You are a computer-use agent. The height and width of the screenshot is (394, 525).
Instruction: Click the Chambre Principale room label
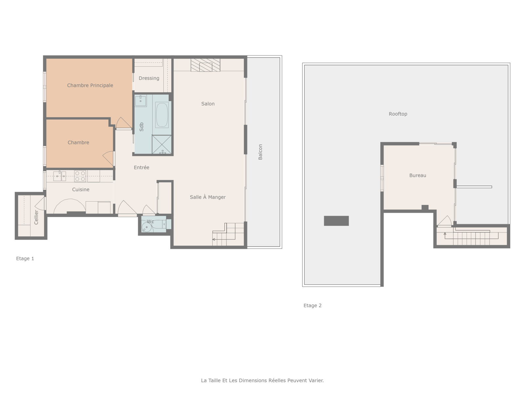(x=90, y=85)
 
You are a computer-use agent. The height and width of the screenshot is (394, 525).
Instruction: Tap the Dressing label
(x=149, y=78)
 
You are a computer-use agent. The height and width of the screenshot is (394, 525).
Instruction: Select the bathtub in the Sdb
(x=162, y=115)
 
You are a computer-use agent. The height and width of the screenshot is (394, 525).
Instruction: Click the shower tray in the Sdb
(x=162, y=144)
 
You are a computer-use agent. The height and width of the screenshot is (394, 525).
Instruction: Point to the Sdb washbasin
(x=141, y=101)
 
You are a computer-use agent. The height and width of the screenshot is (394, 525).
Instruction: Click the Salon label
(x=208, y=104)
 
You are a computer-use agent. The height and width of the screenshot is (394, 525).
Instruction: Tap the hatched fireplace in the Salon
(x=205, y=65)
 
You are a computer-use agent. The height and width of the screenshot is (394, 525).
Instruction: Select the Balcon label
(x=260, y=152)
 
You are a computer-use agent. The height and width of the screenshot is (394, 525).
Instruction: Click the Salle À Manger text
(x=208, y=197)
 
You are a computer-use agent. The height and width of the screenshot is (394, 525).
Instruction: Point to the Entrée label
(x=141, y=167)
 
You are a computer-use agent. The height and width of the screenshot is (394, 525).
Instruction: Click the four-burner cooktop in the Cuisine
(x=80, y=176)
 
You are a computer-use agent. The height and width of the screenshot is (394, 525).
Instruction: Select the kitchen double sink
(x=60, y=176)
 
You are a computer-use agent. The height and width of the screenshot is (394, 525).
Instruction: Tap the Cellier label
(x=36, y=217)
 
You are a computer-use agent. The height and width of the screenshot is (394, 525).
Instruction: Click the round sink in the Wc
(x=146, y=227)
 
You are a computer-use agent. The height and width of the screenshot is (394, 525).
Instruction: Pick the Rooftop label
(x=398, y=114)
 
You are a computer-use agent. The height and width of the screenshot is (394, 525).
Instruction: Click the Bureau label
(x=418, y=175)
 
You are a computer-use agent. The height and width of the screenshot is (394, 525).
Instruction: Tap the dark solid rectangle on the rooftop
(x=336, y=221)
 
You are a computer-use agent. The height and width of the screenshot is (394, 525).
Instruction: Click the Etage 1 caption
(x=25, y=258)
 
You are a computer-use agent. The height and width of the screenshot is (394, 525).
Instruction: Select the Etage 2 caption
(x=312, y=305)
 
